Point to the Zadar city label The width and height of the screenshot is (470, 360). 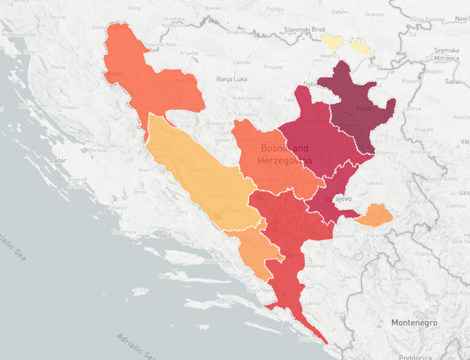point(59,159)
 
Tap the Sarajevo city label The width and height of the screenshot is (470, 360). point(337,199)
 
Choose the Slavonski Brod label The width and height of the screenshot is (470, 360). point(305,29)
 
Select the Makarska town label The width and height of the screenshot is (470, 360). point(217,261)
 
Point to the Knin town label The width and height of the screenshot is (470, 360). point(145,170)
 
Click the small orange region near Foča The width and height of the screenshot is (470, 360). point(375,216)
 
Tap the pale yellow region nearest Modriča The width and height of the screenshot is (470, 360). point(334,42)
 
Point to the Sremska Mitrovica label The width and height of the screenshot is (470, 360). point(447,54)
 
